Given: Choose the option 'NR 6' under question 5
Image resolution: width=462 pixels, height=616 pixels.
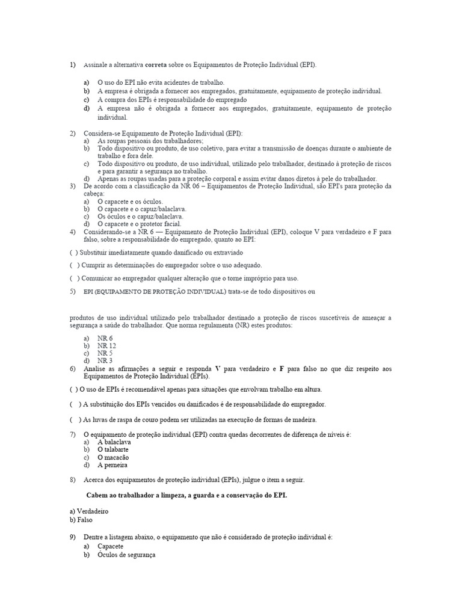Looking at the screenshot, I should pyautogui.click(x=105, y=338).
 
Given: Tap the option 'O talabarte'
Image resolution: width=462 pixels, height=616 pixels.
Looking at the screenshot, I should pyautogui.click(x=113, y=449).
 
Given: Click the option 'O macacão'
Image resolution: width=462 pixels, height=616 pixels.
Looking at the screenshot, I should pyautogui.click(x=113, y=457).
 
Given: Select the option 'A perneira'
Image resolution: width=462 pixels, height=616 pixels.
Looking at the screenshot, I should pyautogui.click(x=112, y=465).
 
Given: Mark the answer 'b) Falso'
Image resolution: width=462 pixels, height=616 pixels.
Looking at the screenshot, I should pyautogui.click(x=81, y=519).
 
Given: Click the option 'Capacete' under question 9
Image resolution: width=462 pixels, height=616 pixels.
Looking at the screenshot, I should pyautogui.click(x=110, y=546).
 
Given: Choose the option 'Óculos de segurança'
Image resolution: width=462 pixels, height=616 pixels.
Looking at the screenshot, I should pyautogui.click(x=126, y=555).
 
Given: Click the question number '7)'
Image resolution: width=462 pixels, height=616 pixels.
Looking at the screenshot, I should pyautogui.click(x=73, y=434).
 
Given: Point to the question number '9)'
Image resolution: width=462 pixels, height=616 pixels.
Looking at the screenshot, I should pyautogui.click(x=73, y=535).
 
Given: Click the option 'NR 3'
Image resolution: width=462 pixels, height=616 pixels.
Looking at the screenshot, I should pyautogui.click(x=105, y=360).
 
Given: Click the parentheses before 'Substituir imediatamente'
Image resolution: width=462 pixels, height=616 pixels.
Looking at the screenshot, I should pyautogui.click(x=73, y=253).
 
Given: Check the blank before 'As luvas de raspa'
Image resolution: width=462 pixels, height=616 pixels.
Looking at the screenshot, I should pyautogui.click(x=75, y=419).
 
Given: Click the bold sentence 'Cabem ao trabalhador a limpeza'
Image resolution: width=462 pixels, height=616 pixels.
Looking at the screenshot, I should pyautogui.click(x=187, y=495).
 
